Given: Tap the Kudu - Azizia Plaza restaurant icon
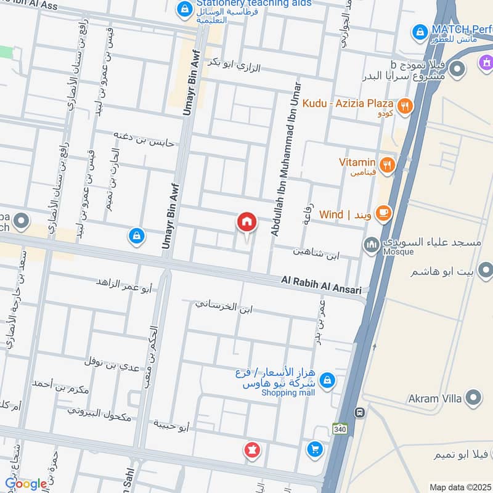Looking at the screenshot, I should coord(405,105).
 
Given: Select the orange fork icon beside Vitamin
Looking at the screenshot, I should coord(387,164).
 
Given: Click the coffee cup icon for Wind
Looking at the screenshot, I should coord(383,213).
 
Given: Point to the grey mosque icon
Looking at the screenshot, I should coord(371,245).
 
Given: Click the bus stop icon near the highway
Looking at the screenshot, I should coord(358,412).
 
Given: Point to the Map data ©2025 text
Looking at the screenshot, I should coord(460,487).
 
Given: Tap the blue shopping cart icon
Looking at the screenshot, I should coord(314,450).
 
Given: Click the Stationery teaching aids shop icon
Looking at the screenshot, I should coord(184,9).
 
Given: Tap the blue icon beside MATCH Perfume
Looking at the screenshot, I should coord(420,30).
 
